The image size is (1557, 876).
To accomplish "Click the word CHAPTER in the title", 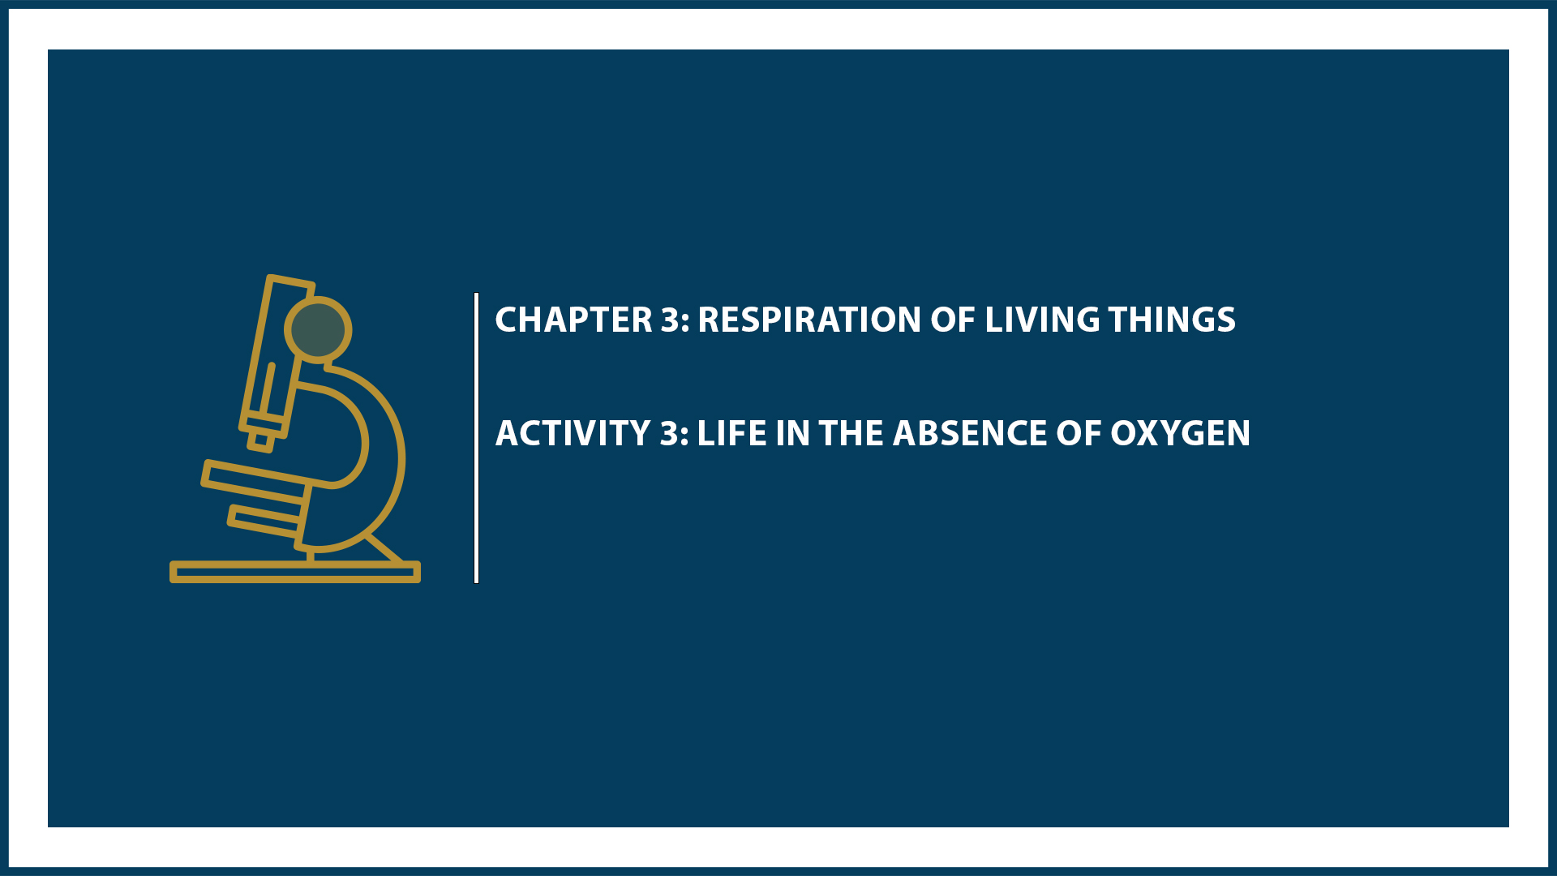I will (573, 320).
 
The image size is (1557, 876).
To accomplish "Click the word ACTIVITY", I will (573, 433).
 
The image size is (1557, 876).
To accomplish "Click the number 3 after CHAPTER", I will (671, 320).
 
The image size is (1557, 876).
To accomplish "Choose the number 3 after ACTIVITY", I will (670, 433).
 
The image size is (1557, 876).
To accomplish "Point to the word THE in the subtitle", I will (851, 433).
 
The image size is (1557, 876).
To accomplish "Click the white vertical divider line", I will (477, 438).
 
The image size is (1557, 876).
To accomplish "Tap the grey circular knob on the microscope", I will (318, 329).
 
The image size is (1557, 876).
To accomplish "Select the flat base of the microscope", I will (294, 572).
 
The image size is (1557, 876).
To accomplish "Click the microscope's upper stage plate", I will (255, 479).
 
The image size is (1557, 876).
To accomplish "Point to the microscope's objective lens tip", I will (260, 440).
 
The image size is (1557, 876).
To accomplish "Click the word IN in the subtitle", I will (793, 433).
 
